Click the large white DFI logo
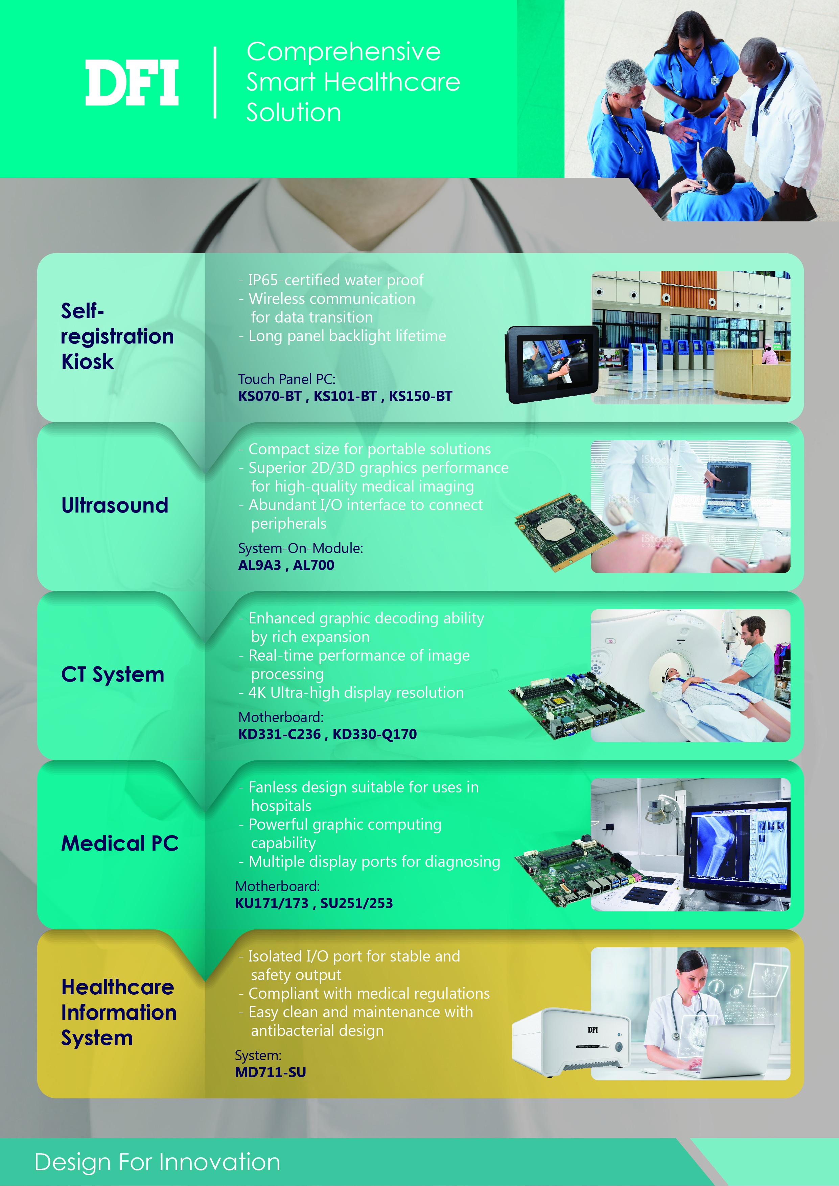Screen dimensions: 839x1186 click(132, 82)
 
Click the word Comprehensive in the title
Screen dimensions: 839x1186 click(344, 52)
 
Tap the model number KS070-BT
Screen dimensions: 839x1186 click(270, 396)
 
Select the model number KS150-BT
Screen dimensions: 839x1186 click(421, 396)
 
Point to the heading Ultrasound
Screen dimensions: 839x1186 click(115, 505)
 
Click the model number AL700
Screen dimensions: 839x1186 click(313, 565)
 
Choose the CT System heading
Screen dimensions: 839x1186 click(113, 674)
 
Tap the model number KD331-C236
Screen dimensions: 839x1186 click(279, 734)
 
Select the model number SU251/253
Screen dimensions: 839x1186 click(356, 903)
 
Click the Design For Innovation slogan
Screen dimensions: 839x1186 click(158, 1162)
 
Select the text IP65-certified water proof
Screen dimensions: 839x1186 click(336, 280)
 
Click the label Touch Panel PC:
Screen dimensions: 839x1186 click(287, 379)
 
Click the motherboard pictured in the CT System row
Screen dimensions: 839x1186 click(577, 706)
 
